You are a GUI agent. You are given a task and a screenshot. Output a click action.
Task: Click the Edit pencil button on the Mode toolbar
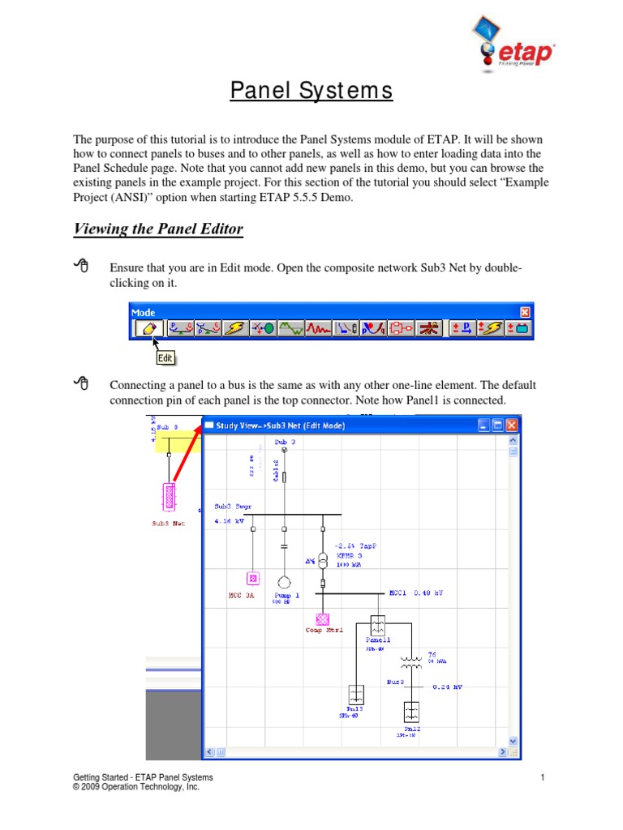point(147,328)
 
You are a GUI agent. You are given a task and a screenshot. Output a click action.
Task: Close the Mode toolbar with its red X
point(525,312)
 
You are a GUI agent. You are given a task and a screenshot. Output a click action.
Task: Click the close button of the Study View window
point(512,425)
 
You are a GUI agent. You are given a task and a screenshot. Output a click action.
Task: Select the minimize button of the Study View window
point(484,425)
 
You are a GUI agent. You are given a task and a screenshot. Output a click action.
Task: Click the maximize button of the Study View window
point(498,425)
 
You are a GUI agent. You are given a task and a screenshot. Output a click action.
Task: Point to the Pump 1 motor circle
point(284,581)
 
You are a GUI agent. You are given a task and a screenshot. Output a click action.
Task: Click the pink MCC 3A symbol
point(252,578)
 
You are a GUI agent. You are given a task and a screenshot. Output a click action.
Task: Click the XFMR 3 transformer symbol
point(322,561)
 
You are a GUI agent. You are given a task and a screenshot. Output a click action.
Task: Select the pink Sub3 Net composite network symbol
point(169,495)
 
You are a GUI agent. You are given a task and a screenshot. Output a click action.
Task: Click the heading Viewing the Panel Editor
point(158,229)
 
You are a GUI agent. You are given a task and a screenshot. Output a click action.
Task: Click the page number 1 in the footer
point(542,778)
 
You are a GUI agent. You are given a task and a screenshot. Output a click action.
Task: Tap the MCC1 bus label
point(398,593)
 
